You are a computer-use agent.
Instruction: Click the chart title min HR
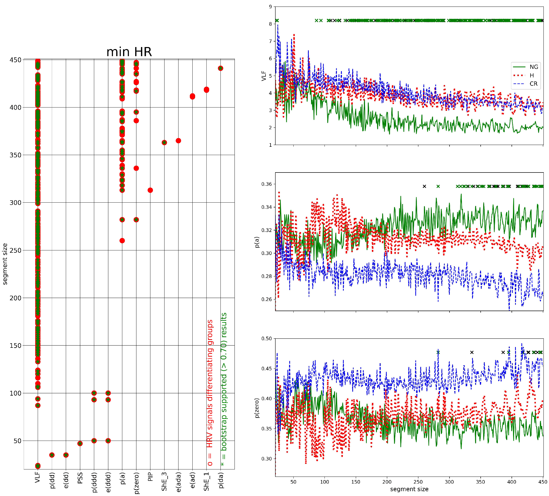click(129, 52)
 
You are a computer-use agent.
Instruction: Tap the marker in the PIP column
click(150, 190)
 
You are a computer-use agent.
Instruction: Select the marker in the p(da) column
click(220, 68)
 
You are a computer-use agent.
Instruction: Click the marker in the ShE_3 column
click(164, 143)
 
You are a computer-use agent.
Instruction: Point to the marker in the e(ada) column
click(178, 141)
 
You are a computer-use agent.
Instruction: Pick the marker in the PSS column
click(80, 443)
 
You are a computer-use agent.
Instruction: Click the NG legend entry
click(534, 67)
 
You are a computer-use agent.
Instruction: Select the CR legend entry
click(534, 84)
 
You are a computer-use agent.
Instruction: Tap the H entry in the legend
click(532, 75)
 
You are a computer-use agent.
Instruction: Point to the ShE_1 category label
click(207, 482)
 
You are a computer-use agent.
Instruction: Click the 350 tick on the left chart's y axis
click(15, 155)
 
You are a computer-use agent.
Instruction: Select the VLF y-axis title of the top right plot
click(263, 76)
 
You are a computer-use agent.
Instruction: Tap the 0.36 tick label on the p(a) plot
click(266, 184)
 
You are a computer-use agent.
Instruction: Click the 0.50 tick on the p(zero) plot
click(266, 338)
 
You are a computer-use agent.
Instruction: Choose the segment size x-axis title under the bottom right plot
click(409, 489)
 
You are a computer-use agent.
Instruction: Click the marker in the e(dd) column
click(66, 455)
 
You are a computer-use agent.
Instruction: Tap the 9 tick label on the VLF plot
click(270, 7)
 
